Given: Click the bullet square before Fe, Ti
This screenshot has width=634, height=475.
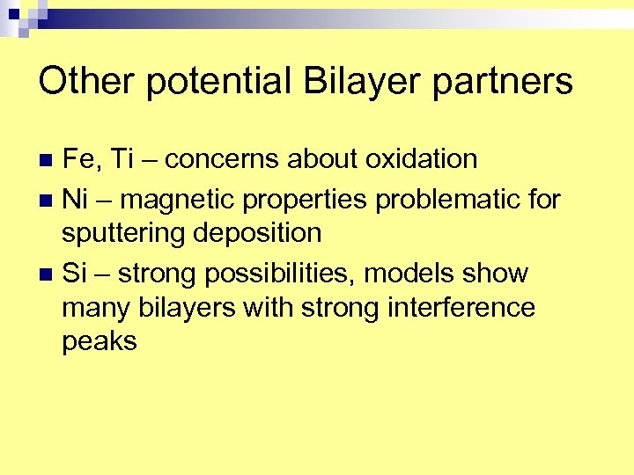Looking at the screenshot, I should click(48, 160).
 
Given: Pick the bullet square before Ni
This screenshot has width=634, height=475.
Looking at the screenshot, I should click(48, 199).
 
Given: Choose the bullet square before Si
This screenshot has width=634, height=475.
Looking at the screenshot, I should click(48, 274).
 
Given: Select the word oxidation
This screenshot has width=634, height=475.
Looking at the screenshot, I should click(421, 159).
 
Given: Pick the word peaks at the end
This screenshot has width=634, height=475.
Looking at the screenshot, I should click(100, 341).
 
